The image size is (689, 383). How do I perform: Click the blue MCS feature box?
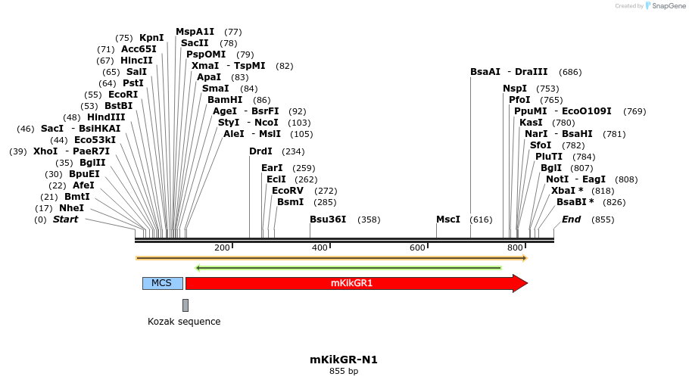(162, 283)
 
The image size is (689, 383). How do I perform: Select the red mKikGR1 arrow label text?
(351, 283)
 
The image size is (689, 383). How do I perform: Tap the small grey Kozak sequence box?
(185, 305)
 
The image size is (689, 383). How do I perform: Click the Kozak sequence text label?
(184, 322)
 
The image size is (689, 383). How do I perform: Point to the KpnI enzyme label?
(151, 38)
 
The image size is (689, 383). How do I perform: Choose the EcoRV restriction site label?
(288, 191)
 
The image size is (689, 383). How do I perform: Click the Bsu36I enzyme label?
(328, 220)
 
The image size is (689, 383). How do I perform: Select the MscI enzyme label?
(448, 220)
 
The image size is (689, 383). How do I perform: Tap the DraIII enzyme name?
(531, 72)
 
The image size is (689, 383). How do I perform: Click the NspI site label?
(515, 89)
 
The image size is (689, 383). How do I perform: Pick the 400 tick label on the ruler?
(320, 248)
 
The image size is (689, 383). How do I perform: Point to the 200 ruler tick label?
(222, 248)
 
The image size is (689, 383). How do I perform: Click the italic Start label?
(65, 220)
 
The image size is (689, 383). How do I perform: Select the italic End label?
(571, 220)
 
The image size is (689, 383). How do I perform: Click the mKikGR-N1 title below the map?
(344, 360)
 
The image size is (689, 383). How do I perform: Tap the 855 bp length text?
(344, 371)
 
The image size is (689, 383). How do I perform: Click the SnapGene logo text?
(669, 6)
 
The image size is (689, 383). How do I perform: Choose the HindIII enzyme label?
(105, 117)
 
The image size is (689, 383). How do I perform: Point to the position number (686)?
(570, 72)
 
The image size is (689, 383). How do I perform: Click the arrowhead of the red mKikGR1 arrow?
(520, 283)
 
